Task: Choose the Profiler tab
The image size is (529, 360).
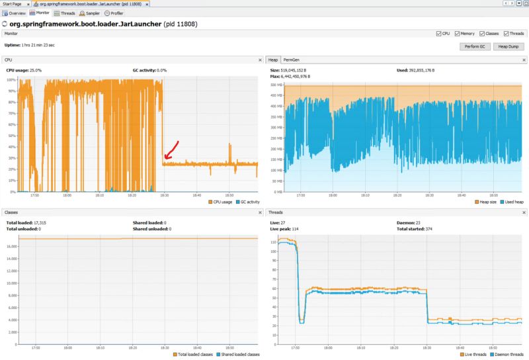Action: pyautogui.click(x=115, y=13)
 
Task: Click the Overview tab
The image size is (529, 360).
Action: pyautogui.click(x=16, y=13)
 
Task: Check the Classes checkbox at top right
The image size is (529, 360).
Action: pyautogui.click(x=481, y=33)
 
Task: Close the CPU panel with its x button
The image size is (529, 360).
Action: pyautogui.click(x=260, y=60)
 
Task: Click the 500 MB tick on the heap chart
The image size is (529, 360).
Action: pyautogui.click(x=276, y=85)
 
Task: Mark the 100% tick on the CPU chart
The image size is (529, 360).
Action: pyautogui.click(x=11, y=80)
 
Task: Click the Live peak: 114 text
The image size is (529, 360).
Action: pyautogui.click(x=286, y=229)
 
